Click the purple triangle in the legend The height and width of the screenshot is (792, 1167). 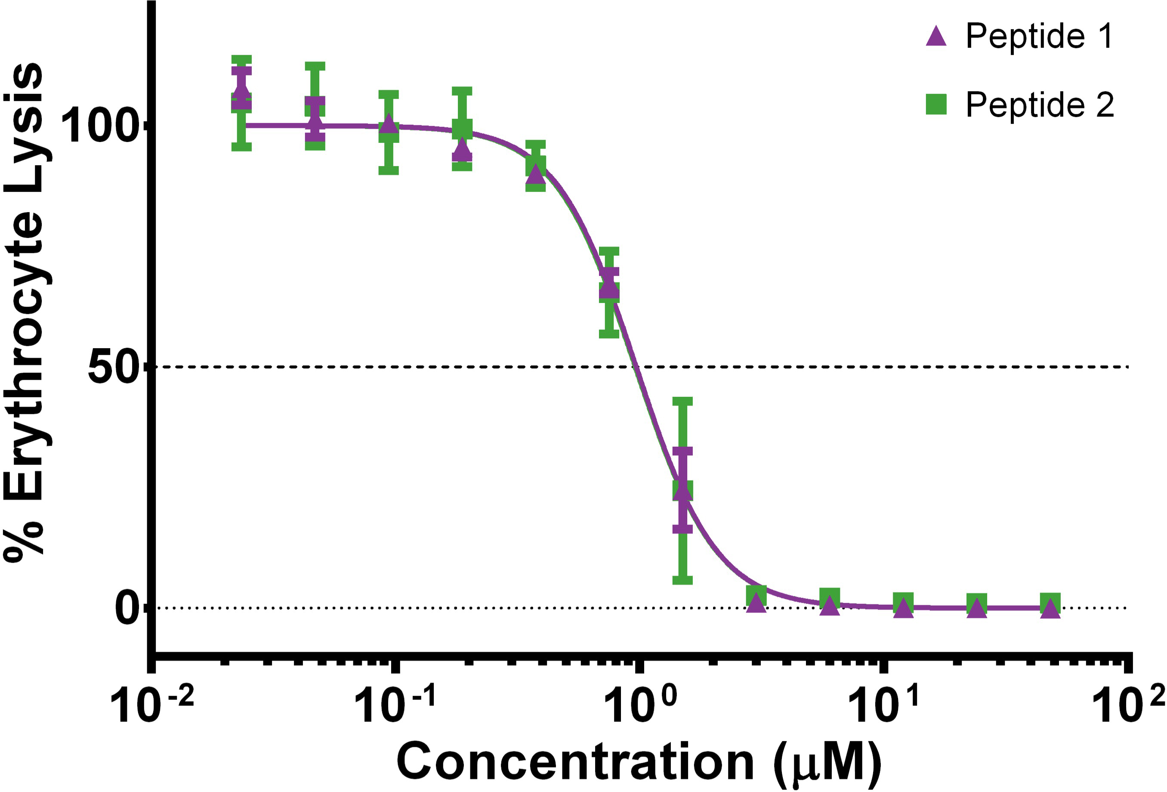[x=936, y=36]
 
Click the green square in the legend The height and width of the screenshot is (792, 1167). [x=936, y=105]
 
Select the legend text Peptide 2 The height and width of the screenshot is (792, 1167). [x=1040, y=105]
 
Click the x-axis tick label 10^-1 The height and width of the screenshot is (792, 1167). [x=394, y=706]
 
